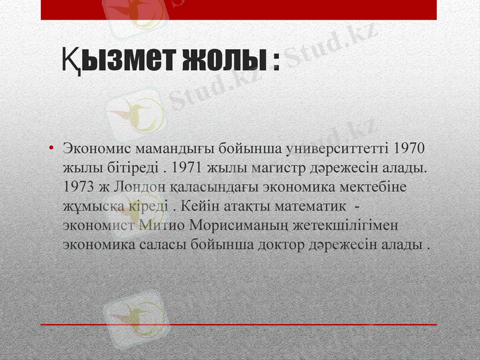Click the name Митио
162,226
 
